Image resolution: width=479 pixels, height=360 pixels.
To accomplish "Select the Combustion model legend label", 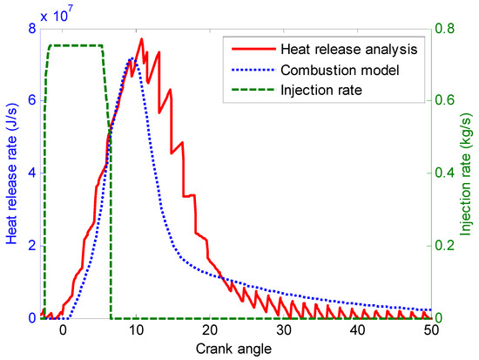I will [x=338, y=69].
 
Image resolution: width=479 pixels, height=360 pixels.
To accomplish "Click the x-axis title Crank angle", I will [x=235, y=349].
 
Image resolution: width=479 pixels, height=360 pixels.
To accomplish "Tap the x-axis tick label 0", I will [x=62, y=331].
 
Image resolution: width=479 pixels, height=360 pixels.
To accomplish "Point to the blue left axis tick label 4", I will [x=30, y=173].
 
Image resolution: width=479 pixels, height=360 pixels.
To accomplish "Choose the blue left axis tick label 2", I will [x=30, y=246].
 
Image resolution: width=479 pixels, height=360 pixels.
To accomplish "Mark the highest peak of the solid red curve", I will [x=140, y=38].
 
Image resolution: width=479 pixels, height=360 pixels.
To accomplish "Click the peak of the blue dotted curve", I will [x=131, y=58].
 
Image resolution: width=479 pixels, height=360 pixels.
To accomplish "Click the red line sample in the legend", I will [x=243, y=49].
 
